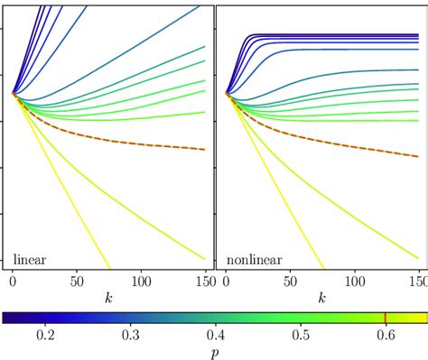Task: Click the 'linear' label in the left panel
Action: click(x=30, y=259)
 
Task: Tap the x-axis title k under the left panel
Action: click(x=108, y=296)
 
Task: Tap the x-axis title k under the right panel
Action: click(x=322, y=296)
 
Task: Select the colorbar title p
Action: click(x=214, y=352)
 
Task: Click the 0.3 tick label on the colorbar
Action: click(x=130, y=335)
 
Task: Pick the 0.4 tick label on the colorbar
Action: click(x=215, y=335)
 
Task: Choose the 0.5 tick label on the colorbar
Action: click(x=301, y=335)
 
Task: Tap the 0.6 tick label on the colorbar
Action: click(x=386, y=335)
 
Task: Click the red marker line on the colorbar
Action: click(x=386, y=318)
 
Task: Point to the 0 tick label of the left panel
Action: click(x=13, y=281)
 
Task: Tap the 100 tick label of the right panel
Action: click(x=355, y=281)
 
